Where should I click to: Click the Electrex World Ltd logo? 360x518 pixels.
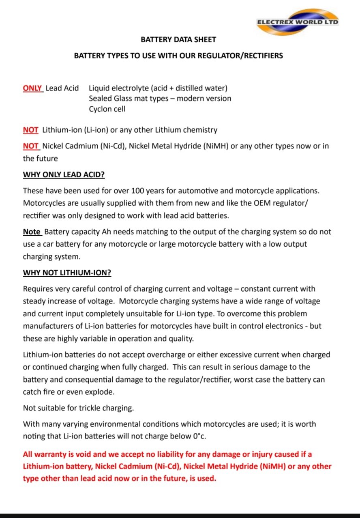coord(298,22)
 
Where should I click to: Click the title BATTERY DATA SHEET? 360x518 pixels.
coord(178,40)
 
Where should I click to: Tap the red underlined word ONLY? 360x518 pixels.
coord(33,88)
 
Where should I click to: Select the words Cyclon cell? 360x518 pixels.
coord(107,109)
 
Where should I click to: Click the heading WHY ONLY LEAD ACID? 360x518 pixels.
coord(64,175)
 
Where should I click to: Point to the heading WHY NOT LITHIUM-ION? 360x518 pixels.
coord(67,273)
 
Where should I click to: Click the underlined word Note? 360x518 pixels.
coord(32,232)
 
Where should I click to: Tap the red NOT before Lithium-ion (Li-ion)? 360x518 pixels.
coord(30,130)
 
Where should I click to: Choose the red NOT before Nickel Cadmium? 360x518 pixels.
coord(30,146)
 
